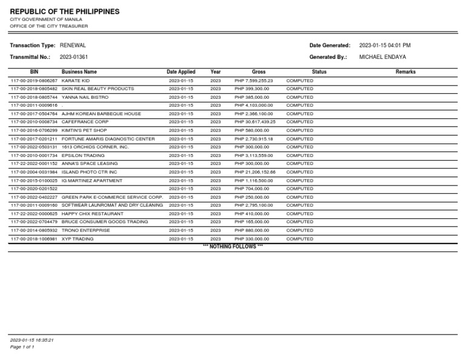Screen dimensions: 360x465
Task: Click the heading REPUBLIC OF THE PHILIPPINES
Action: click(65, 12)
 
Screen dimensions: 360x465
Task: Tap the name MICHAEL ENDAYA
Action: click(383, 57)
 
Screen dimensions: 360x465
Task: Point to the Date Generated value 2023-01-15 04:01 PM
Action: click(385, 45)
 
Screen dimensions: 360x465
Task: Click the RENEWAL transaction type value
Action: click(73, 45)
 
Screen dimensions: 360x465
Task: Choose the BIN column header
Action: click(34, 72)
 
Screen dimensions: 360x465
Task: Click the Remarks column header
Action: click(405, 72)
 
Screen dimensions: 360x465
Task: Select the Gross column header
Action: click(259, 72)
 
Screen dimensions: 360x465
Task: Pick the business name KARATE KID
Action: click(76, 81)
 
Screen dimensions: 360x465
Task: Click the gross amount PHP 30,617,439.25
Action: click(255, 122)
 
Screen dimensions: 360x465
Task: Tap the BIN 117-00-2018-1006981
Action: click(34, 239)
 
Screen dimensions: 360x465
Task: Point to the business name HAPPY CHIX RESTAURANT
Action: click(93, 214)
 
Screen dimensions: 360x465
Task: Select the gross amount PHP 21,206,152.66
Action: click(255, 172)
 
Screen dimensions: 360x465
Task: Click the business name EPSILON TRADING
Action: click(83, 155)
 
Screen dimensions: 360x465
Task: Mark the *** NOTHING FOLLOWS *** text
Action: click(232, 247)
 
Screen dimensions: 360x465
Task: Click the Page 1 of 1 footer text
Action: click(22, 347)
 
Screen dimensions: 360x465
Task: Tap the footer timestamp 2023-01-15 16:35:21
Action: click(32, 339)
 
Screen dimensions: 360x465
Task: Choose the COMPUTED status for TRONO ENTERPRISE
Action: click(300, 230)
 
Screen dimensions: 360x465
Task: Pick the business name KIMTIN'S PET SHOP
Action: click(84, 130)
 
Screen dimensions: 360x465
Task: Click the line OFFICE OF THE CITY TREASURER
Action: click(49, 26)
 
